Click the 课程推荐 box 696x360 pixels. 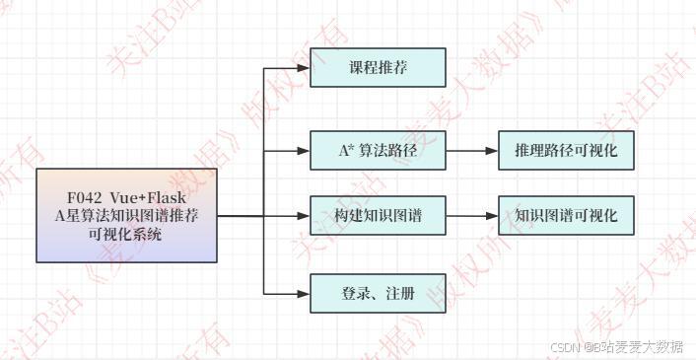tap(378, 68)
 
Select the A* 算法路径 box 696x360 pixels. tap(378, 151)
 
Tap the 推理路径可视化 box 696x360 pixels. tap(565, 151)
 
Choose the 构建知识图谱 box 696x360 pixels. tap(378, 214)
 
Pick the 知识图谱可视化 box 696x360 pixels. tap(565, 214)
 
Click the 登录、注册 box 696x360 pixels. tap(378, 293)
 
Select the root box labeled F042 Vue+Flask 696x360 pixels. tap(126, 215)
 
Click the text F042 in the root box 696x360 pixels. tap(83, 195)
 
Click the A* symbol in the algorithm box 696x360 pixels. tap(345, 151)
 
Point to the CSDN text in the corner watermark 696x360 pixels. tap(563, 347)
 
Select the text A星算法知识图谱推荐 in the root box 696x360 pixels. tap(126, 215)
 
